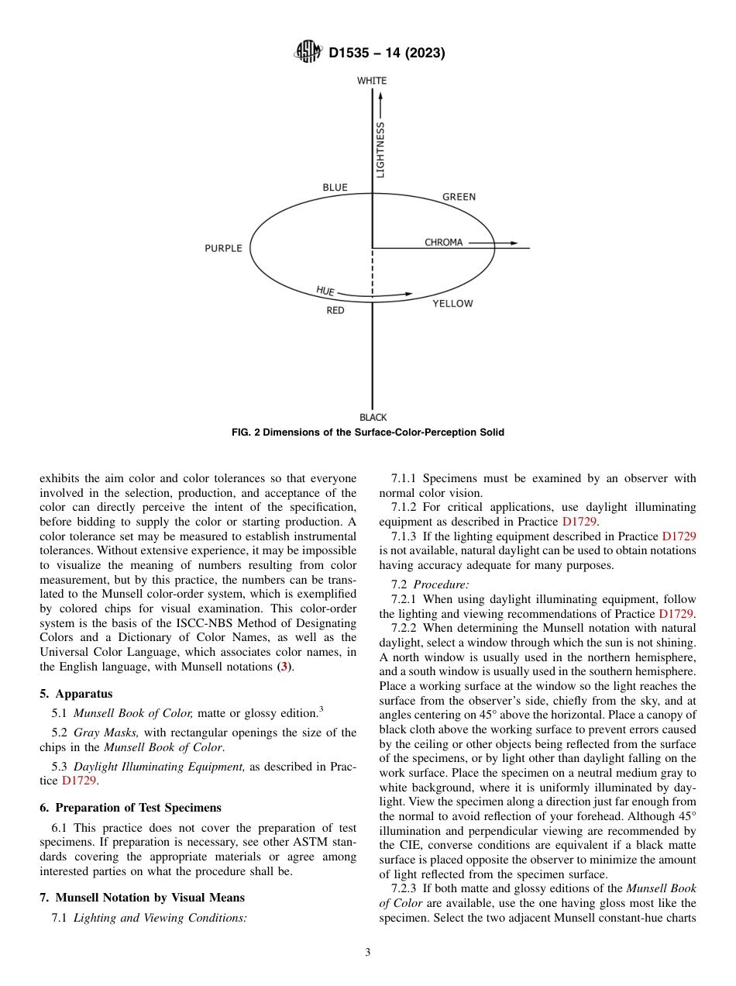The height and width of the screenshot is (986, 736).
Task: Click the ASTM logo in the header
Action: pyautogui.click(x=308, y=53)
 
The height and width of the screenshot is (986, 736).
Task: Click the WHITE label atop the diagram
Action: pyautogui.click(x=372, y=81)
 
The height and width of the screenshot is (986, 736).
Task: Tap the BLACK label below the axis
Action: pyautogui.click(x=373, y=417)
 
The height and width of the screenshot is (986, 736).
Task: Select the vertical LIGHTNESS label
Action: pyautogui.click(x=380, y=150)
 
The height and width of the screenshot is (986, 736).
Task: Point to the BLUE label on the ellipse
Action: pyautogui.click(x=335, y=188)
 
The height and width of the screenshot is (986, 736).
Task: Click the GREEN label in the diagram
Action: pyautogui.click(x=459, y=197)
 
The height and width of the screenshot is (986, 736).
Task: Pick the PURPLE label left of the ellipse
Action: pyautogui.click(x=223, y=249)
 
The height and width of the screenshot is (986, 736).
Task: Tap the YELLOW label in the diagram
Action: pyautogui.click(x=452, y=304)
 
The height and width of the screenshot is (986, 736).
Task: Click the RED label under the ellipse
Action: pyautogui.click(x=335, y=311)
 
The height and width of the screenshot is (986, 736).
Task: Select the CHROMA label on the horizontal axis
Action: pyautogui.click(x=443, y=243)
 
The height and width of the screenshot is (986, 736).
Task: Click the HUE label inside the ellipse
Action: pyautogui.click(x=325, y=291)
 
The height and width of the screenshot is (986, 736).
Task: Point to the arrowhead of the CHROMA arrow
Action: pyautogui.click(x=513, y=243)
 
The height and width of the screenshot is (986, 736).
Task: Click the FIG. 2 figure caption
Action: pyautogui.click(x=368, y=433)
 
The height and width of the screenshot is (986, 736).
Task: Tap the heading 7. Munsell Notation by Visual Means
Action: pyautogui.click(x=142, y=898)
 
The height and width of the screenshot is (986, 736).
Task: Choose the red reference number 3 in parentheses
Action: pyautogui.click(x=284, y=667)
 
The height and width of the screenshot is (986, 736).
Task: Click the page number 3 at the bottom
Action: pyautogui.click(x=368, y=953)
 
